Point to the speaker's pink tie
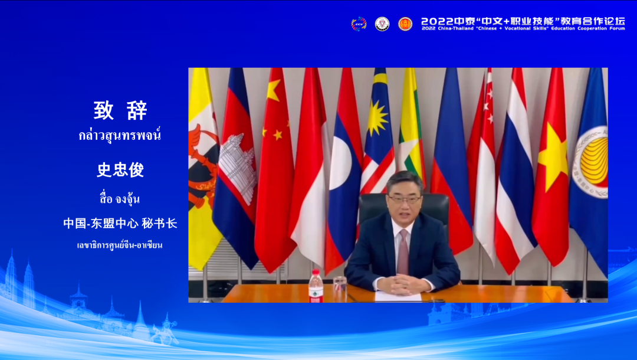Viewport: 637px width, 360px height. tap(403, 251)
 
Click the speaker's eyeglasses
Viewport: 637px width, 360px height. tap(405, 199)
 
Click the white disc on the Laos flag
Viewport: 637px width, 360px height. tap(340, 171)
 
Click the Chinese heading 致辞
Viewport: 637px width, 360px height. tap(120, 110)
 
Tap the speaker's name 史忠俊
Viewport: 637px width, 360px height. tap(120, 169)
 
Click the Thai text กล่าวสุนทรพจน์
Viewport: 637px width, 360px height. tap(120, 135)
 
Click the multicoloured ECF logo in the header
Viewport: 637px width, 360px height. tap(359, 24)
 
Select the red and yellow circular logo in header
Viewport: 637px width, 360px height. tap(405, 24)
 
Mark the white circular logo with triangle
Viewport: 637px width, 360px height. tap(382, 24)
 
